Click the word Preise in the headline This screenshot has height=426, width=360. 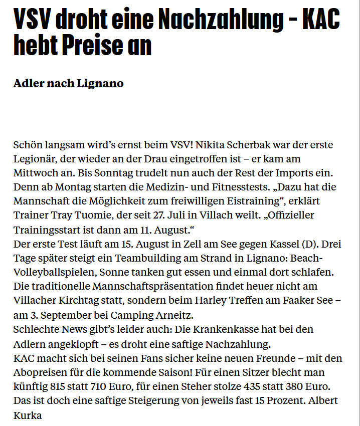[91, 46]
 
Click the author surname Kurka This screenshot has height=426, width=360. [28, 414]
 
